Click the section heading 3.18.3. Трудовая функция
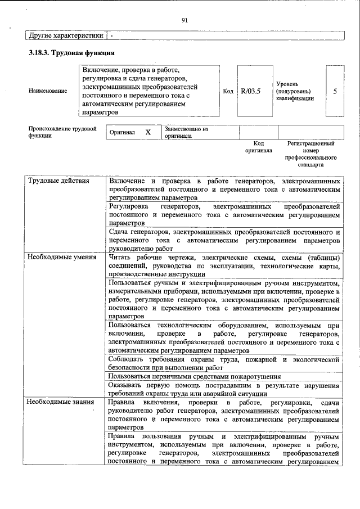(x=72, y=53)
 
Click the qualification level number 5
(x=335, y=91)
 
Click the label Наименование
(x=48, y=91)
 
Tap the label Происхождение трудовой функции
(x=62, y=132)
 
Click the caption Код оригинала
(x=258, y=147)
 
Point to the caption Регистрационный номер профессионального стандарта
(x=310, y=155)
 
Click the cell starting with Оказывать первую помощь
(x=224, y=390)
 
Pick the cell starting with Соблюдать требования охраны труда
(x=224, y=363)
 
